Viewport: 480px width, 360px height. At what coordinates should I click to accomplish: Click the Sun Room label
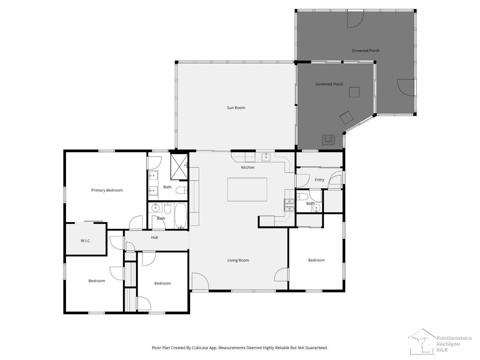tap(236, 108)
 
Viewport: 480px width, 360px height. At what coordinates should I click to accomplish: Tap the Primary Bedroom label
tap(107, 190)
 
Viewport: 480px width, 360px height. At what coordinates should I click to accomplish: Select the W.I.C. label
tap(85, 241)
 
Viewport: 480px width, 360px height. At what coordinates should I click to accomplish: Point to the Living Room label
tap(238, 260)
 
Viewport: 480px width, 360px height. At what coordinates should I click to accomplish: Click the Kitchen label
tap(247, 167)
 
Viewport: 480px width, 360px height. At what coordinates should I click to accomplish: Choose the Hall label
tap(154, 237)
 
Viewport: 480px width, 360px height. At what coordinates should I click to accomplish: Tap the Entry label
tap(319, 180)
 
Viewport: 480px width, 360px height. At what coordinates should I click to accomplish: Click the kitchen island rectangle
tap(247, 189)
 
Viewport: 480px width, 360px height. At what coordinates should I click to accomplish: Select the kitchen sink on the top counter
tap(266, 157)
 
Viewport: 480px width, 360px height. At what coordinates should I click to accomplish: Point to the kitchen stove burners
tap(289, 205)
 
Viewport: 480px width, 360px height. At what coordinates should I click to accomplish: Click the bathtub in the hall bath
tap(181, 216)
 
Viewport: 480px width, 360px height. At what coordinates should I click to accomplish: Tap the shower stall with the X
tap(179, 167)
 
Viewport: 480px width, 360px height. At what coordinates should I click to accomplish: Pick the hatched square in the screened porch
tap(328, 140)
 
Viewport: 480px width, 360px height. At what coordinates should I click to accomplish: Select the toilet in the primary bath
tap(181, 190)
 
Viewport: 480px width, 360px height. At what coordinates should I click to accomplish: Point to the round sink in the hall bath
tap(156, 207)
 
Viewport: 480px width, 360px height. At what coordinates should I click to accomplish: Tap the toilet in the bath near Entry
tap(302, 197)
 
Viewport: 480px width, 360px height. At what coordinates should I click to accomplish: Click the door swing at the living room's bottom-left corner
tap(200, 281)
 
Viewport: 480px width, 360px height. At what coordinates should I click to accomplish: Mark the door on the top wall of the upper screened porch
tap(355, 19)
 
